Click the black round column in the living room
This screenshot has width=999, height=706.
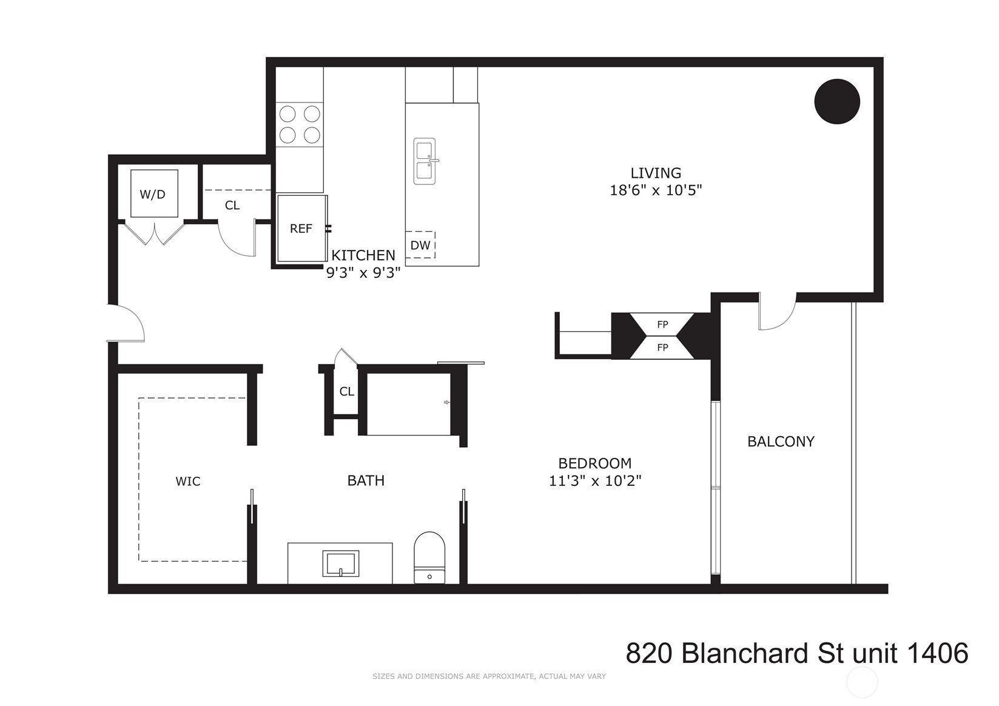(x=836, y=102)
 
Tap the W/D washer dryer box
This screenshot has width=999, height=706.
(x=154, y=194)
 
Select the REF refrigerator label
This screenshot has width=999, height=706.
(x=301, y=229)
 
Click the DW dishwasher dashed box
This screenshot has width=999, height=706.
(x=420, y=245)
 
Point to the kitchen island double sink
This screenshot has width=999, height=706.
(x=425, y=161)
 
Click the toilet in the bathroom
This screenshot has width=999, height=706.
(x=429, y=557)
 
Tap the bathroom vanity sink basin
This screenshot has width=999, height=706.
(x=340, y=563)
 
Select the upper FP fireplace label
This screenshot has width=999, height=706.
(x=662, y=324)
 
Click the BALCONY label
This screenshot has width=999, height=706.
(x=781, y=442)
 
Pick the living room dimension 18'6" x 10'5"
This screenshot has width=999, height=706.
(x=656, y=190)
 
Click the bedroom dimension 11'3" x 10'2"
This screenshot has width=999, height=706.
(x=595, y=481)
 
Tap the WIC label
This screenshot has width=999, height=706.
(x=188, y=482)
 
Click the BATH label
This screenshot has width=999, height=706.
(x=366, y=480)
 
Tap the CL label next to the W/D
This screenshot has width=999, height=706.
(x=232, y=206)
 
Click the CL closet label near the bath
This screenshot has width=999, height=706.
(x=346, y=392)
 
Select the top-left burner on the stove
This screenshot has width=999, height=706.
(x=288, y=114)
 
